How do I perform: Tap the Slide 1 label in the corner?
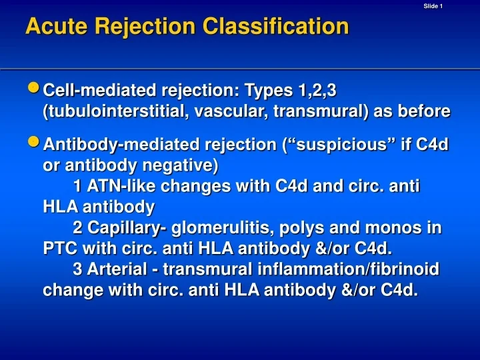point(433,6)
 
